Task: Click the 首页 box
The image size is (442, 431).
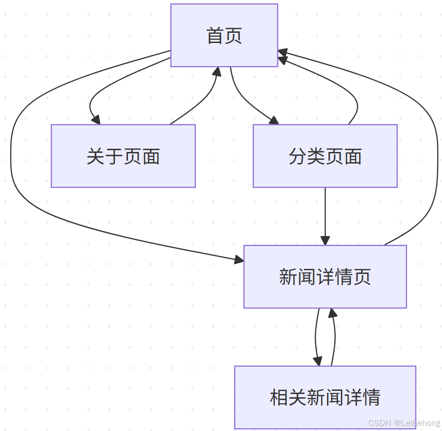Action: point(224,36)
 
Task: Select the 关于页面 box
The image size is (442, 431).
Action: point(123,156)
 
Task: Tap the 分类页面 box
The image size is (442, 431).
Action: point(325,156)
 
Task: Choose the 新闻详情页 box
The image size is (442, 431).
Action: point(325,277)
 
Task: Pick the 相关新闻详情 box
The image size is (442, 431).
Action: point(325,397)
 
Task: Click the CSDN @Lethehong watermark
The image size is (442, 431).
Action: point(404,423)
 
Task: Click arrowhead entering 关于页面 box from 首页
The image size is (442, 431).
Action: point(96,120)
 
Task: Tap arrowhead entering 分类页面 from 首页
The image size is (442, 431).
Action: point(274,121)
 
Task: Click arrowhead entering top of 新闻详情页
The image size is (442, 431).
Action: point(325,240)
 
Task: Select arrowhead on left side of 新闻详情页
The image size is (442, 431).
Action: point(239,261)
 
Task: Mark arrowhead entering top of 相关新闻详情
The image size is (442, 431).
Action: point(317,361)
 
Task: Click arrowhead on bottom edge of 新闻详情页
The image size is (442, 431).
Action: point(332,313)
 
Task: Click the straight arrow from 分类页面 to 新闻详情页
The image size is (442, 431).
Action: point(325,212)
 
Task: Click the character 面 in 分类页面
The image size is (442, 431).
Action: point(353,156)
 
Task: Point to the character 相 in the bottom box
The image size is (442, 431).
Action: point(279,397)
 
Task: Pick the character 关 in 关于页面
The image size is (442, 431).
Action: point(95,156)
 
